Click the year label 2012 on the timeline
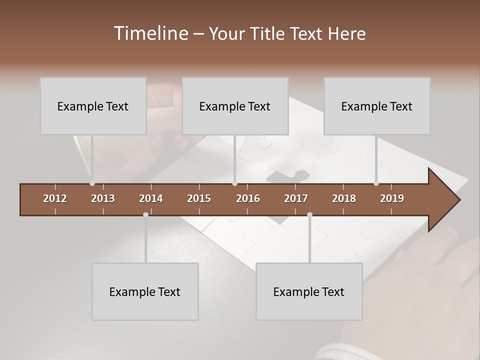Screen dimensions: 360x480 (x=55, y=198)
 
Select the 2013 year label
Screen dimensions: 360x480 (x=103, y=198)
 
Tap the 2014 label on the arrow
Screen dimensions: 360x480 (x=151, y=198)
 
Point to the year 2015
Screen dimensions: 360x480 (x=199, y=198)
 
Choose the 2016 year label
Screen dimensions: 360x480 (x=248, y=198)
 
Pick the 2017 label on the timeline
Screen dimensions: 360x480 (x=296, y=198)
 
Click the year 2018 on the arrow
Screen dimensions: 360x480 (x=344, y=198)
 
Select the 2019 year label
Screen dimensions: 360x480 (x=392, y=198)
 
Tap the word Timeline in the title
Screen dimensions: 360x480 (x=150, y=33)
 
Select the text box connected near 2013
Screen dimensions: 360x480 (x=93, y=106)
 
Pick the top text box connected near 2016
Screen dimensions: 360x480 (x=235, y=106)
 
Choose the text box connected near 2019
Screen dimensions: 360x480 (x=377, y=106)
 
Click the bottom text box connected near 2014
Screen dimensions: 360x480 (x=145, y=291)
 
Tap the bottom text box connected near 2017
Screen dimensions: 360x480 (x=309, y=291)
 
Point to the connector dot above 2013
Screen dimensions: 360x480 (x=92, y=183)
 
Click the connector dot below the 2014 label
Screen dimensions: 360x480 (x=145, y=214)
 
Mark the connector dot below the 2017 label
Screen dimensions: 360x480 (x=309, y=214)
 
